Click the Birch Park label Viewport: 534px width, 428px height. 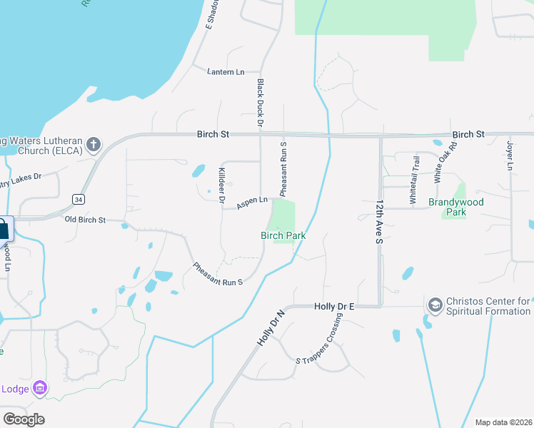click(x=283, y=235)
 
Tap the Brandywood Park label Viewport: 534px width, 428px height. click(x=456, y=207)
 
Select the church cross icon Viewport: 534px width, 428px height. click(x=94, y=145)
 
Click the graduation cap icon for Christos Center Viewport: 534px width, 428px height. click(x=434, y=305)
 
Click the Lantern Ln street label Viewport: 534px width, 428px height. click(x=226, y=72)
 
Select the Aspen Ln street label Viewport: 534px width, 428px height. click(x=252, y=202)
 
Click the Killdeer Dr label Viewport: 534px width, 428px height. click(x=222, y=186)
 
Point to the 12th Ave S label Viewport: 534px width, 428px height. click(x=379, y=222)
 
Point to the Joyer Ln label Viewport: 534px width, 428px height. click(x=510, y=155)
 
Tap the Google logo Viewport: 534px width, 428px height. click(x=24, y=419)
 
